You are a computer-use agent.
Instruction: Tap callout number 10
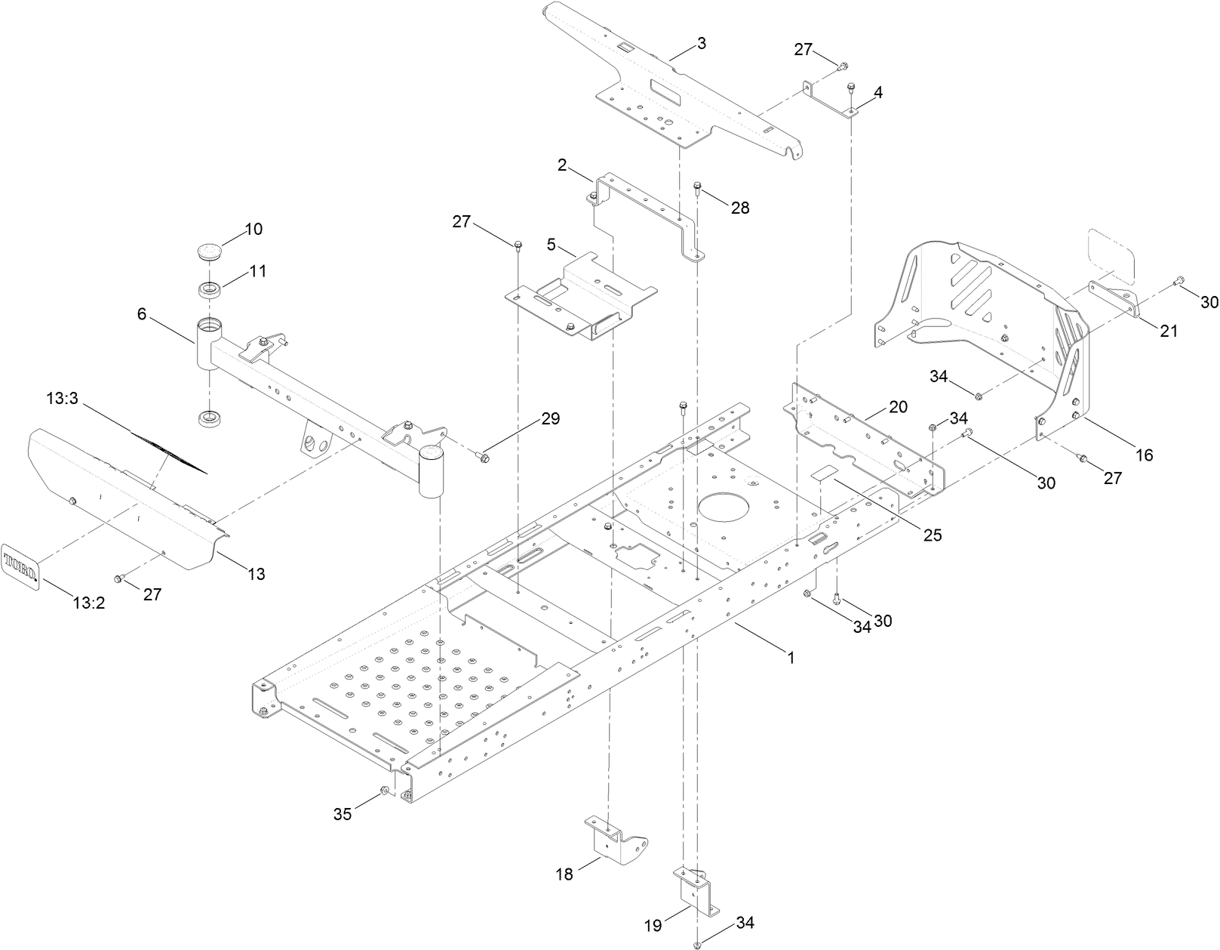254,229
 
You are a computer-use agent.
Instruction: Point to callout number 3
701,43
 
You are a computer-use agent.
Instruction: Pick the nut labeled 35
384,791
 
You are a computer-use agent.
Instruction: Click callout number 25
933,535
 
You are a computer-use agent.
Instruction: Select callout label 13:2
88,603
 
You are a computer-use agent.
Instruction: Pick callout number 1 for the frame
791,658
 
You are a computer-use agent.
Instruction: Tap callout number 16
1144,455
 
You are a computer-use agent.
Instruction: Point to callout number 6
142,315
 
